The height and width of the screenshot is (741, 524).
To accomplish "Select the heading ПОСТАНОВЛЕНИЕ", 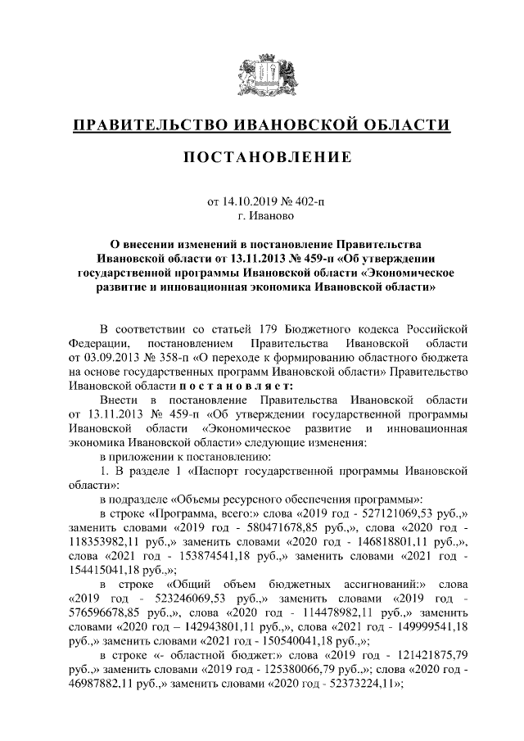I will tap(262, 156).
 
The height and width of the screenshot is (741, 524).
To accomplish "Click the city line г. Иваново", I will tap(262, 216).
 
